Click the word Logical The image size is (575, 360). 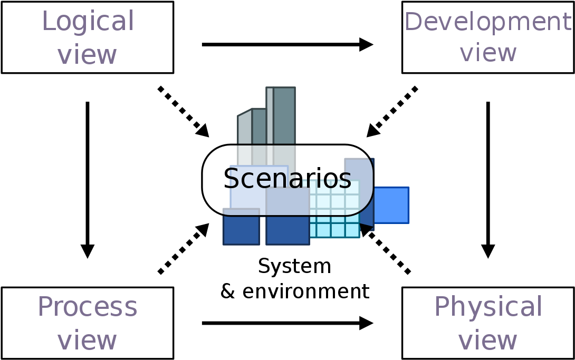88,22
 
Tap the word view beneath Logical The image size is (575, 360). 87,54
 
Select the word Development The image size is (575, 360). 487,22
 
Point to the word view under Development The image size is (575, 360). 488,53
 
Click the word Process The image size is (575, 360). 88,307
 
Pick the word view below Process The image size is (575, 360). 87,340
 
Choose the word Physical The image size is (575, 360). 488,307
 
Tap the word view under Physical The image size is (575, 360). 487,340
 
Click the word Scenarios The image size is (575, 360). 287,179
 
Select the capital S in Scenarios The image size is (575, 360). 231,179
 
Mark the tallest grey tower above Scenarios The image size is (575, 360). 284,116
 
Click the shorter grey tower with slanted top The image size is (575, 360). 258,127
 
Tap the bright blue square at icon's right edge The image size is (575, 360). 391,205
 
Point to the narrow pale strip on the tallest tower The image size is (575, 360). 270,116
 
